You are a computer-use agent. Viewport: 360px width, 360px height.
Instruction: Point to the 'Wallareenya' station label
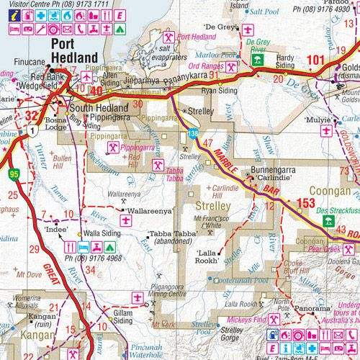(x=149, y=212)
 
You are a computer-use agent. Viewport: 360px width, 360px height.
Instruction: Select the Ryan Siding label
(x=221, y=92)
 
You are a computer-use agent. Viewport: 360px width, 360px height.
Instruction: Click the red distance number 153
(x=306, y=204)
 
